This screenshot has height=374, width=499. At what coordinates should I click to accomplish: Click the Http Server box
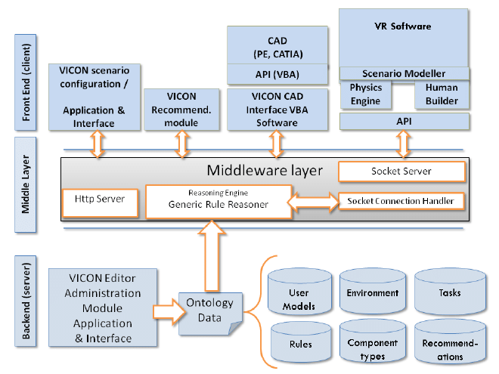coord(100,200)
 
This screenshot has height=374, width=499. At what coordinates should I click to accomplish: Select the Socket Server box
coord(401,172)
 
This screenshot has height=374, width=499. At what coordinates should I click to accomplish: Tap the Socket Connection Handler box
coord(401,201)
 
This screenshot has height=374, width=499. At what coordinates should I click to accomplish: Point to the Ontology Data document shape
coord(209,312)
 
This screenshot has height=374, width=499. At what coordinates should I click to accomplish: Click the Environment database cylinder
coord(371,293)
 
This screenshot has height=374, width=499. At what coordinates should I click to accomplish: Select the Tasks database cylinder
coord(448,293)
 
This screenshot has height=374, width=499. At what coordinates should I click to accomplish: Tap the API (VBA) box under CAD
coord(278,73)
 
